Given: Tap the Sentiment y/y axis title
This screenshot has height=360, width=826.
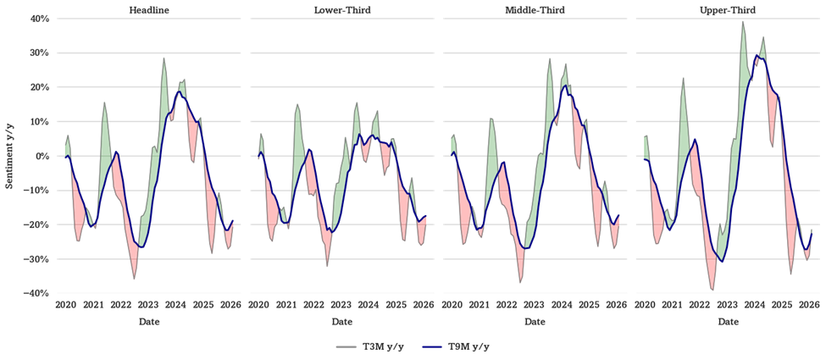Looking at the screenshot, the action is pos(9,157).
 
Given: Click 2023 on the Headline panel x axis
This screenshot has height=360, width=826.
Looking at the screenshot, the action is pos(148,305).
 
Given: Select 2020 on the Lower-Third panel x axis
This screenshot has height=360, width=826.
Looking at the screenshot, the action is pos(258,305).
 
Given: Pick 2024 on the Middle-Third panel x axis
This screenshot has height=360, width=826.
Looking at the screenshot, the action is pos(562,305).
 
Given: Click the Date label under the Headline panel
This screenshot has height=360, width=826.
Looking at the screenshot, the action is pos(149,322).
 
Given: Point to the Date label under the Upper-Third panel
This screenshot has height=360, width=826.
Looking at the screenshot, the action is pos(729,322).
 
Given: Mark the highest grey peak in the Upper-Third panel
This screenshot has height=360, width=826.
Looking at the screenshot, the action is pos(743,22).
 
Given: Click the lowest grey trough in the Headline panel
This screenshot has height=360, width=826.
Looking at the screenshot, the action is pos(135,279).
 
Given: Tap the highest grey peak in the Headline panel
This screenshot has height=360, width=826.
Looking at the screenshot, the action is pos(164,58).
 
